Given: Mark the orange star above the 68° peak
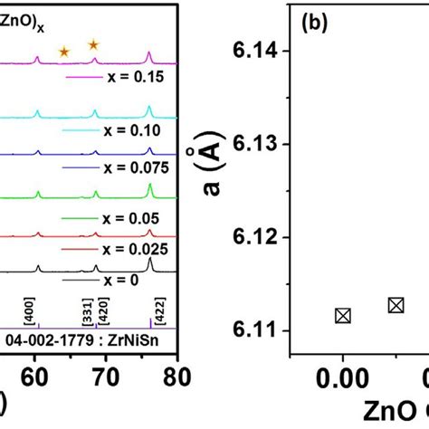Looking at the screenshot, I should [93, 44].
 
